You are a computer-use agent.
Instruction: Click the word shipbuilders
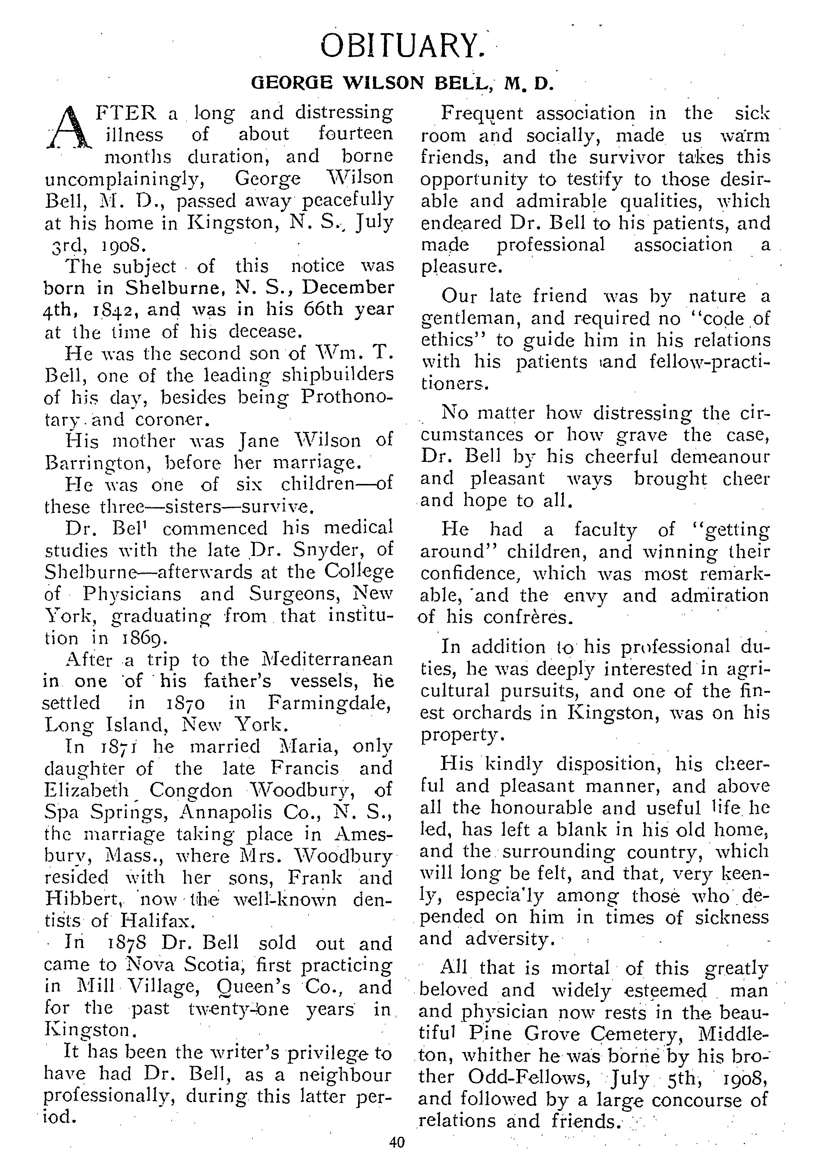tap(337, 375)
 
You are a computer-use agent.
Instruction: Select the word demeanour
tap(719, 457)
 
